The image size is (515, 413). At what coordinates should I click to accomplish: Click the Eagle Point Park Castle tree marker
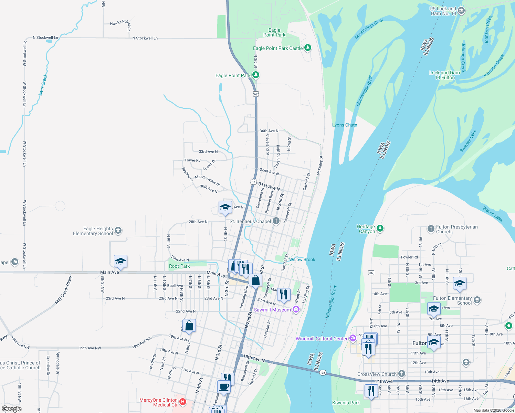click(307, 48)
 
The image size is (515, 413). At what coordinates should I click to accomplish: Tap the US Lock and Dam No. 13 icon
click(461, 11)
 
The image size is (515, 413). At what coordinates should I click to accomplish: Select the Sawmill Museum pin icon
click(296, 310)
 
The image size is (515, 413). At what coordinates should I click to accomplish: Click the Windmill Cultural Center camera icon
click(353, 338)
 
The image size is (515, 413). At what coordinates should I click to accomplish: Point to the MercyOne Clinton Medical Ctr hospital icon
click(183, 402)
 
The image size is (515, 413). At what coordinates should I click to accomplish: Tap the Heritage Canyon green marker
click(380, 228)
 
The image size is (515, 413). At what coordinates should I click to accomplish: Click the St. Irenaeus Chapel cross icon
click(276, 221)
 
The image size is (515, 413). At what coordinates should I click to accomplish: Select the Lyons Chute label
click(344, 125)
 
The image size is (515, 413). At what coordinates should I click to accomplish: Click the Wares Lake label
click(492, 214)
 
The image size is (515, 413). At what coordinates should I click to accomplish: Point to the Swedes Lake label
click(468, 141)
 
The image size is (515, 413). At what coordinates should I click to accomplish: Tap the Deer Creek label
click(43, 85)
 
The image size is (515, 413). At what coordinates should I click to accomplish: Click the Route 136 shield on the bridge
click(322, 373)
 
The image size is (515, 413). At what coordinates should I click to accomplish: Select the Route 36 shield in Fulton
click(371, 273)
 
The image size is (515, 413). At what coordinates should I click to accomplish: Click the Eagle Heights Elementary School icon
click(118, 231)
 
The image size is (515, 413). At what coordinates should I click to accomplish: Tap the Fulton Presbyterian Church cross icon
click(431, 229)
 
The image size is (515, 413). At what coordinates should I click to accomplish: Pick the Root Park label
click(179, 266)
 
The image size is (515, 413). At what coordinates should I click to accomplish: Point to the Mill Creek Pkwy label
click(64, 290)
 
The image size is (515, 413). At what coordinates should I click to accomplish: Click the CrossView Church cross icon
click(401, 374)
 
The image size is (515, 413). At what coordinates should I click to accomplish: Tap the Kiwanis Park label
click(346, 403)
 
